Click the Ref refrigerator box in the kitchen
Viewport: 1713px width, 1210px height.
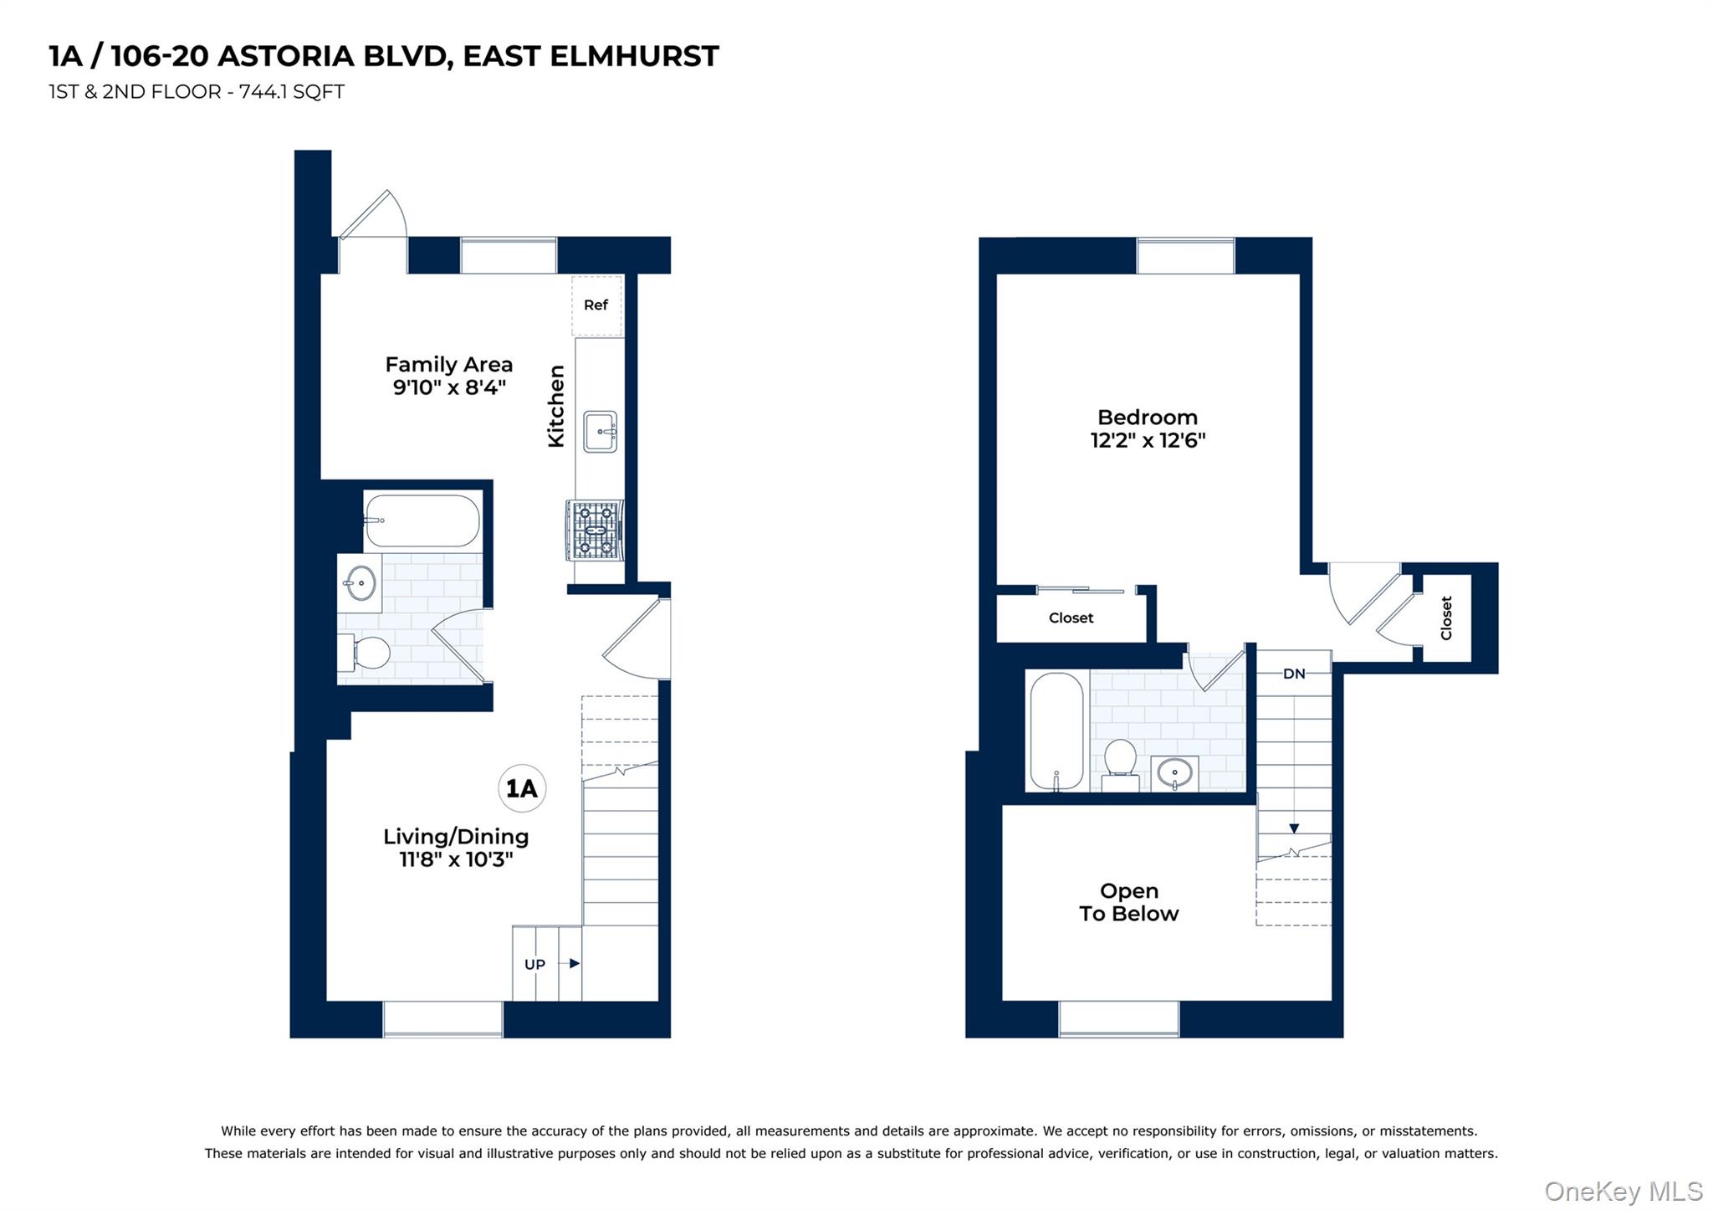[x=596, y=305]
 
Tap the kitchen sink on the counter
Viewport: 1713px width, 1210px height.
[x=600, y=432]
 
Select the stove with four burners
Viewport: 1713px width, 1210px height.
[x=595, y=530]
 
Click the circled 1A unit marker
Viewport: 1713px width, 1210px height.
[x=522, y=788]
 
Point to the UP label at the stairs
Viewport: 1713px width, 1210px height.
[x=534, y=964]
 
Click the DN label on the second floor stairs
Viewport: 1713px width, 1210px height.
[x=1293, y=674]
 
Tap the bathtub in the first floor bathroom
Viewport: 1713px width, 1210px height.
[x=422, y=520]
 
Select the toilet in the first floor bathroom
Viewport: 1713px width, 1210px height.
[x=366, y=653]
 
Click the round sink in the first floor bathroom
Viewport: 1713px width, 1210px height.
[x=361, y=582]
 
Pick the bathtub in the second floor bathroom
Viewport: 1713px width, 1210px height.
[x=1056, y=731]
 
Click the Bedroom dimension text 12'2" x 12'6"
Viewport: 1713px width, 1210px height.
[x=1148, y=440]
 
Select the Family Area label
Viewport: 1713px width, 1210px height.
[x=448, y=365]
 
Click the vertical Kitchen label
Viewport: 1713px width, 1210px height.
[x=556, y=407]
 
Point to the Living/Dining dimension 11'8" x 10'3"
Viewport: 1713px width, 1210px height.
[x=456, y=859]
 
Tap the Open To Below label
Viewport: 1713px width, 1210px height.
[x=1128, y=902]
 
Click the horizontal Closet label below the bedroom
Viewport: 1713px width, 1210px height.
[x=1071, y=618]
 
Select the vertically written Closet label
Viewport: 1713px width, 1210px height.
[x=1446, y=618]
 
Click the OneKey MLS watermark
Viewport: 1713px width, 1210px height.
[x=1623, y=1191]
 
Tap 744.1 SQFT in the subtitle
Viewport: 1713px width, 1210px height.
[x=292, y=92]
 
